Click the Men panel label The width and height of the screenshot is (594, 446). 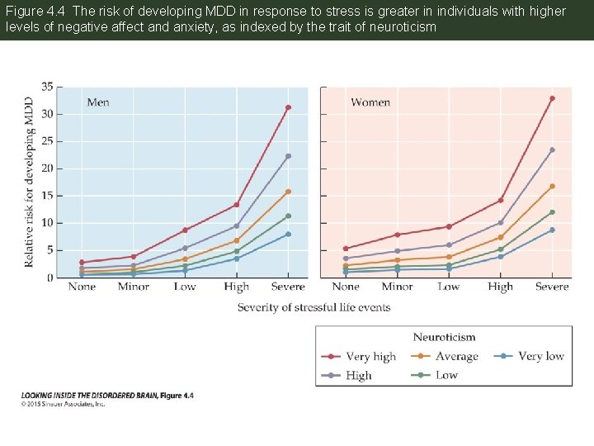point(98,102)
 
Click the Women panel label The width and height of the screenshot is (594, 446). point(370,102)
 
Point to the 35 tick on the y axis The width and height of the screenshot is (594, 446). point(47,87)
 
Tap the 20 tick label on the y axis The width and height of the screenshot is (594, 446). point(47,168)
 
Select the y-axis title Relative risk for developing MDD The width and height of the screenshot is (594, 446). point(30,182)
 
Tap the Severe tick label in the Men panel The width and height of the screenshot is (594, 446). point(288,287)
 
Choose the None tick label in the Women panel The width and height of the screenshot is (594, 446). point(346,287)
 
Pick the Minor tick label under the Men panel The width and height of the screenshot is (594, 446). point(133,287)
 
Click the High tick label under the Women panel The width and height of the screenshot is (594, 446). point(500,287)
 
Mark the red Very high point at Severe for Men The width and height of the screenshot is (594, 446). point(288,107)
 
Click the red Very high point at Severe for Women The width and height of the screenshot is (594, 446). point(552,98)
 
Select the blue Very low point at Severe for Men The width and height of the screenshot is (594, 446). point(288,234)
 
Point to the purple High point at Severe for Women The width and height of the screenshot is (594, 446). point(552,149)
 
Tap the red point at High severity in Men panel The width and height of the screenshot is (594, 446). point(237,205)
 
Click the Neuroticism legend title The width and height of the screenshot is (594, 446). point(444,337)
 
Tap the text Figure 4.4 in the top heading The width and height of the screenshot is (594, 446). point(31,12)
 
